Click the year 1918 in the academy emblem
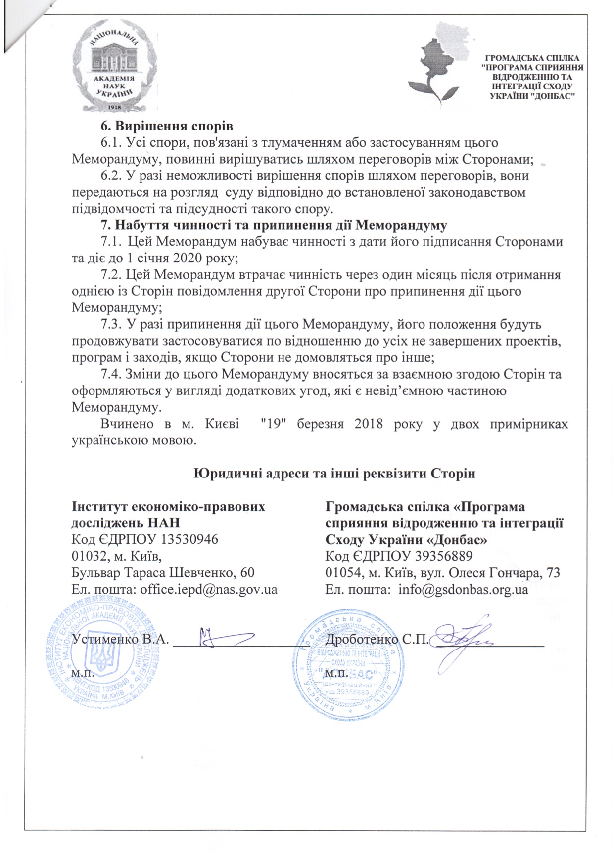click(115, 107)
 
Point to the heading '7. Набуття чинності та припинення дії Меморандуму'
click(274, 225)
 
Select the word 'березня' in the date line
click(320, 424)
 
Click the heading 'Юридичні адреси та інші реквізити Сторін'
click(334, 473)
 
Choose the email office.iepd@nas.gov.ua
click(209, 589)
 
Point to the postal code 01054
click(340, 573)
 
